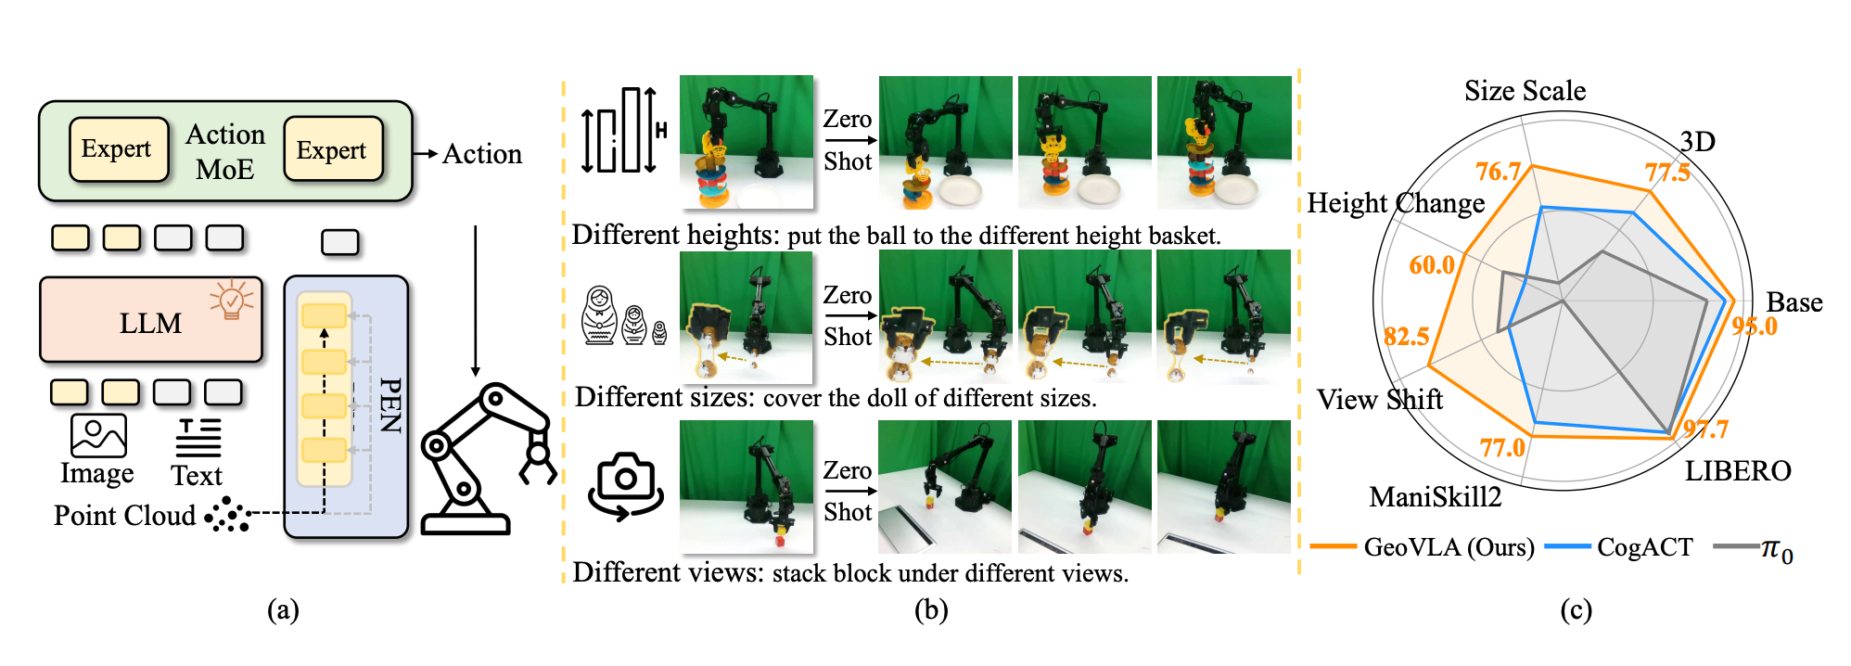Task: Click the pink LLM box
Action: click(x=151, y=320)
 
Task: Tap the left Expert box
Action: click(x=119, y=148)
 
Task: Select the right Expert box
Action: click(x=333, y=148)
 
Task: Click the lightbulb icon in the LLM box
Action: click(x=232, y=300)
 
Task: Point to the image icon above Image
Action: click(x=98, y=435)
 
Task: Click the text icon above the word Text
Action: click(x=198, y=437)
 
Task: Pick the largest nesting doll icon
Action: click(x=599, y=315)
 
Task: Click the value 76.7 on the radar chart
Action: click(x=1499, y=172)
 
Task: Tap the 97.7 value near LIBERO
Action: click(x=1706, y=429)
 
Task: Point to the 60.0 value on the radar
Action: click(x=1432, y=265)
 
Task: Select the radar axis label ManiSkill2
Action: click(x=1435, y=497)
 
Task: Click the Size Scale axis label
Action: click(x=1525, y=90)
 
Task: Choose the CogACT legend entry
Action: click(x=1619, y=547)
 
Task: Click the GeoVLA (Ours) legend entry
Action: click(x=1423, y=547)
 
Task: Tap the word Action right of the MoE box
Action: click(x=482, y=153)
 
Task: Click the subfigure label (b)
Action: click(x=931, y=609)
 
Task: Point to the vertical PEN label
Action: click(x=390, y=405)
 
